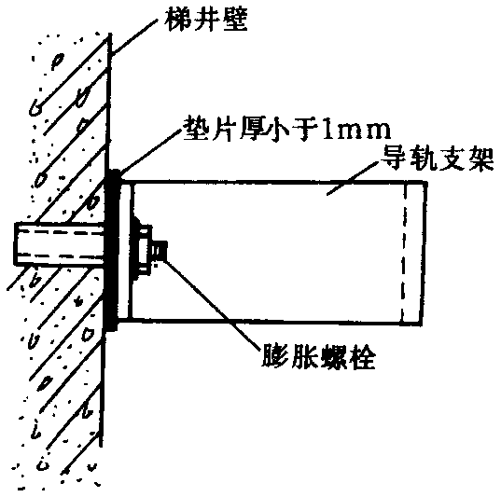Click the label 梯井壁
pyautogui.click(x=206, y=20)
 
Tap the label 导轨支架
pyautogui.click(x=438, y=159)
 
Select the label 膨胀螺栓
pyautogui.click(x=318, y=356)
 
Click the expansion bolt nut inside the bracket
pyautogui.click(x=145, y=250)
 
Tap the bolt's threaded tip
pyautogui.click(x=160, y=251)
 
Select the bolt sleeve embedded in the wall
pyautogui.click(x=60, y=244)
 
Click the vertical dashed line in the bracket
pyautogui.click(x=404, y=253)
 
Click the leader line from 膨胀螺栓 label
pyautogui.click(x=211, y=303)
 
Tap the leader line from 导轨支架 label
pyautogui.click(x=353, y=177)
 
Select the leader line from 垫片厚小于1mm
pyautogui.click(x=149, y=152)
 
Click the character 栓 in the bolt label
pyautogui.click(x=362, y=356)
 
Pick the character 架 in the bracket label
pyautogui.click(x=481, y=159)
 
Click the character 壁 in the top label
pyautogui.click(x=236, y=20)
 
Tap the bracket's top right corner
pyautogui.click(x=426, y=183)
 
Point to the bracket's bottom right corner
pyautogui.click(x=421, y=324)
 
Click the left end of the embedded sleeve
pyautogui.click(x=15, y=244)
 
